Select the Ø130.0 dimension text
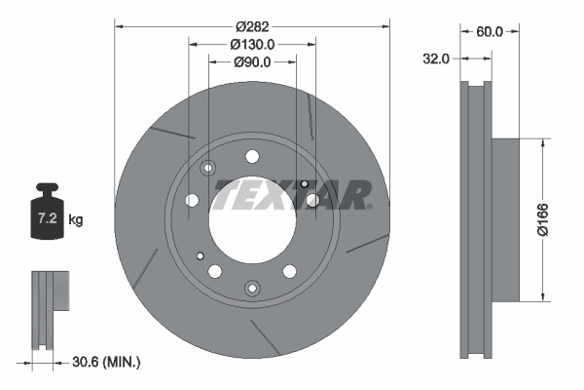coord(252,45)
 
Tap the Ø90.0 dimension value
coord(252,62)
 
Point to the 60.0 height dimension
coord(489,31)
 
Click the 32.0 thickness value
coord(437,58)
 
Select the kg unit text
coord(76,220)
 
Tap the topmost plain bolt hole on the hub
coord(253,156)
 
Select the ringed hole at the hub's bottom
coord(252,287)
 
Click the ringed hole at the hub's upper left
coord(207,169)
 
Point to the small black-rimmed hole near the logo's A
coord(305,184)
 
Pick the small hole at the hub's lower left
coord(201,256)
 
